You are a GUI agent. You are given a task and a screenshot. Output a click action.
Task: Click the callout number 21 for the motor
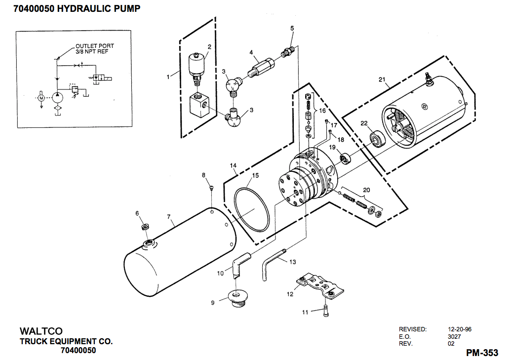coord(381,80)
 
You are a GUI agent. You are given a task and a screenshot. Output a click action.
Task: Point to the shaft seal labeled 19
coord(345,159)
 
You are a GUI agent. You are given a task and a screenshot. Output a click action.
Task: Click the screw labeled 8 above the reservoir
coord(211,188)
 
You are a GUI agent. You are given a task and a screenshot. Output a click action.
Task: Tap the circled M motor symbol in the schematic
coord(42,98)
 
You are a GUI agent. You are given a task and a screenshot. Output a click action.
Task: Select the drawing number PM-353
coord(482,353)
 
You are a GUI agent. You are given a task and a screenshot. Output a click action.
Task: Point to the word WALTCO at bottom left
coord(41,330)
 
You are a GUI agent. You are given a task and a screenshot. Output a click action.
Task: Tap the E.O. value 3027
coord(454,336)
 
